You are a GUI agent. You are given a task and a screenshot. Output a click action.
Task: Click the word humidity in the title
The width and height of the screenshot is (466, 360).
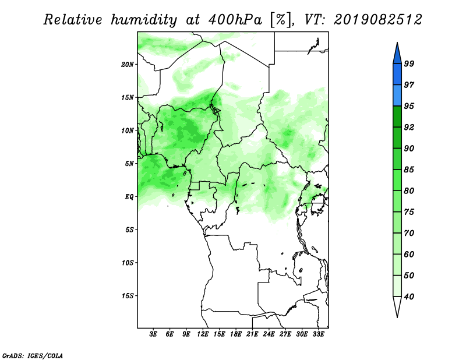144,20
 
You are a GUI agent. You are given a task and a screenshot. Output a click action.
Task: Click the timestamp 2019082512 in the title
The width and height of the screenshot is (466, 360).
377,20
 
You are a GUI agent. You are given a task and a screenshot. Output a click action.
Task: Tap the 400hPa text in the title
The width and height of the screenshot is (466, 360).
235,20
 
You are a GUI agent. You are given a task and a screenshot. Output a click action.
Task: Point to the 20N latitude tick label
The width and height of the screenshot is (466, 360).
127,65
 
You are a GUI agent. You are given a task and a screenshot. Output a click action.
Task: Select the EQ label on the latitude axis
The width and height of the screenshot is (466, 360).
129,197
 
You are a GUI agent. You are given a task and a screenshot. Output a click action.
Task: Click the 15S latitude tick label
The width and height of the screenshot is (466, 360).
127,296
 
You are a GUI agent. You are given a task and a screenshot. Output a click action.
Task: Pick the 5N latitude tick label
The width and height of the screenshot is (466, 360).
129,164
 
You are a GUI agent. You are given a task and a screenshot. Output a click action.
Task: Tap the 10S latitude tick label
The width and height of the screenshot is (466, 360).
127,263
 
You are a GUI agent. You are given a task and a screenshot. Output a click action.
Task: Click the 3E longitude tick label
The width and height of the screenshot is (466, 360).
153,334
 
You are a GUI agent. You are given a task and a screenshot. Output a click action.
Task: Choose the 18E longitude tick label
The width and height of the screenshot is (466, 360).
236,334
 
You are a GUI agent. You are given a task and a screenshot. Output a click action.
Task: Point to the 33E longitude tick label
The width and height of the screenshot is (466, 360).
318,334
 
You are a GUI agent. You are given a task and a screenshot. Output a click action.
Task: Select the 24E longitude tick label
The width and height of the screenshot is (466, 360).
269,334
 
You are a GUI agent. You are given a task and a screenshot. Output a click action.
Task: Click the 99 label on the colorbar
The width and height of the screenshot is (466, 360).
409,63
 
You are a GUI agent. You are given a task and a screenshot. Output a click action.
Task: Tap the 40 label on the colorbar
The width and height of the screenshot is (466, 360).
409,297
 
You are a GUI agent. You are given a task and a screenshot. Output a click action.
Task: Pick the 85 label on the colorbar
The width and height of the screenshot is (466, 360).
409,170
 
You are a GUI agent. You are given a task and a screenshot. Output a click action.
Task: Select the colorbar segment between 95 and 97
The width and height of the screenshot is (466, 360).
397,96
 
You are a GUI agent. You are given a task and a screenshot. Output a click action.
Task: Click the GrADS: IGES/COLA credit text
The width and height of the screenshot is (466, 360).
33,355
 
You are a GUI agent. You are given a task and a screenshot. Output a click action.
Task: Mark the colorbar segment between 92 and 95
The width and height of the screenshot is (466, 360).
397,117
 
